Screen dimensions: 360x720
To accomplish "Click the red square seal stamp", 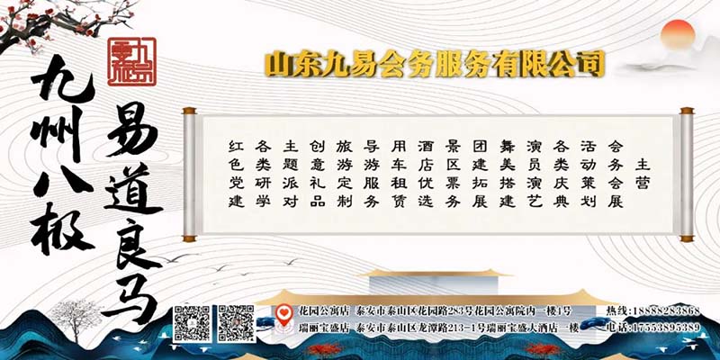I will click(x=128, y=62).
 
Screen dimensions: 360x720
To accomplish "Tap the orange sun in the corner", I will click(x=680, y=36).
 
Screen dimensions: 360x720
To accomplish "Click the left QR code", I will click(x=191, y=323).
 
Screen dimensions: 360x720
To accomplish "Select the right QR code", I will click(x=236, y=323).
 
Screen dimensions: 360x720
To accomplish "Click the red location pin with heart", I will click(x=282, y=316).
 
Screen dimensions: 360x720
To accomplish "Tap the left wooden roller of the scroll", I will click(x=189, y=175).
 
